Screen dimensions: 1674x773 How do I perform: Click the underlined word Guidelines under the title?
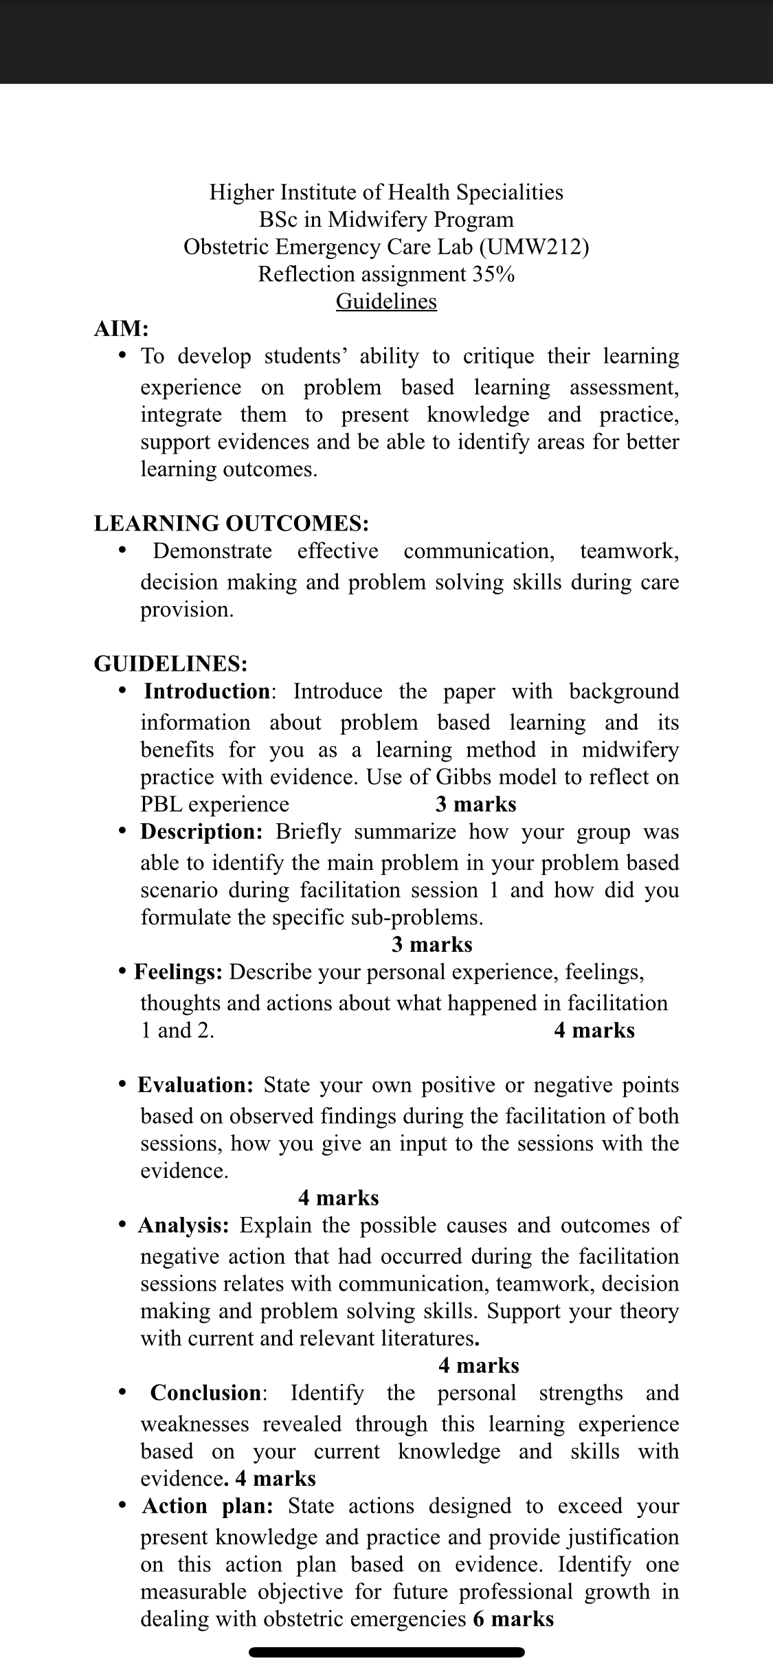pyautogui.click(x=386, y=301)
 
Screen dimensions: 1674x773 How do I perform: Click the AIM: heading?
pyautogui.click(x=121, y=328)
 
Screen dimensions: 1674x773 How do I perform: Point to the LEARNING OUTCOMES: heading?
pyautogui.click(x=232, y=523)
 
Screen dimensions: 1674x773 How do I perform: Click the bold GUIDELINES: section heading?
pyautogui.click(x=170, y=663)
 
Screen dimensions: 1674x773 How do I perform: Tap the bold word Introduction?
pyautogui.click(x=207, y=691)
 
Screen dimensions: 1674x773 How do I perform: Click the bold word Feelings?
pyautogui.click(x=178, y=972)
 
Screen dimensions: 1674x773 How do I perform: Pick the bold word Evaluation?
pyautogui.click(x=196, y=1085)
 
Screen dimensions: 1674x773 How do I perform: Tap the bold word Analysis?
pyautogui.click(x=184, y=1225)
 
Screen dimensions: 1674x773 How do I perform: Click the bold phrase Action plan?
pyautogui.click(x=208, y=1506)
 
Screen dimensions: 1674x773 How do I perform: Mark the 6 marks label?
pyautogui.click(x=513, y=1619)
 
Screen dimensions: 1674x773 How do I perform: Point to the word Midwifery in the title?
pyautogui.click(x=371, y=219)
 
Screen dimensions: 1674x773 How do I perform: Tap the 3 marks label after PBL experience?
pyautogui.click(x=475, y=804)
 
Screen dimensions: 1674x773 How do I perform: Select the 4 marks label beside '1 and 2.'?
pyautogui.click(x=594, y=1030)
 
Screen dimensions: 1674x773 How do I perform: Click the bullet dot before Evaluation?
pyautogui.click(x=122, y=1084)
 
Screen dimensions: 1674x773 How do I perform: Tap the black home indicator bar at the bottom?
pyautogui.click(x=386, y=1652)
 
